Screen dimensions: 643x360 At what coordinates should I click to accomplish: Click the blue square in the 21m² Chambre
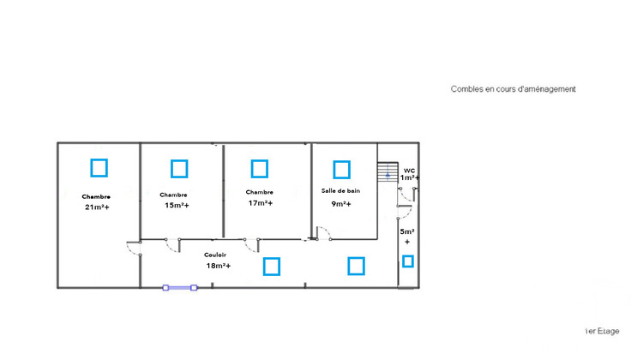(92, 168)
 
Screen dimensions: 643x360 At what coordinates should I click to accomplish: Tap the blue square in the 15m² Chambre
(171, 169)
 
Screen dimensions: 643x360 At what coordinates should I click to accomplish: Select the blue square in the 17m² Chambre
(252, 169)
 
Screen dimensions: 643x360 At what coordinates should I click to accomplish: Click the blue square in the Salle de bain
(334, 170)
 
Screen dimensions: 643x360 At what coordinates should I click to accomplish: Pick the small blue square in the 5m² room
(403, 261)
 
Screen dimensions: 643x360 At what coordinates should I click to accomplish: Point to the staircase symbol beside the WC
(388, 171)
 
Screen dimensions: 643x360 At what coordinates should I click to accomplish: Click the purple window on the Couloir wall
(180, 288)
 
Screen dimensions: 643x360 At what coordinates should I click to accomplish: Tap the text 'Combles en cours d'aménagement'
(513, 89)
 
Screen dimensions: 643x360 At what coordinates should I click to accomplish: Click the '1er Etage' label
(602, 331)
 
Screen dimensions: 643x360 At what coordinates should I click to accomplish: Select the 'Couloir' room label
(215, 255)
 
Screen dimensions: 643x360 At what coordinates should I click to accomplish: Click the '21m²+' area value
(97, 207)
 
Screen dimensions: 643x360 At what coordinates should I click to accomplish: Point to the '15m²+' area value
(177, 205)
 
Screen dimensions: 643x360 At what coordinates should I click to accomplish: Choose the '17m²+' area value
(261, 203)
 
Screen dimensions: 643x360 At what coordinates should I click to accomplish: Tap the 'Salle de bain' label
(340, 190)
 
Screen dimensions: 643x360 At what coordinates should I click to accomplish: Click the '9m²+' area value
(341, 204)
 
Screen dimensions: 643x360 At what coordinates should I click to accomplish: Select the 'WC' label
(409, 171)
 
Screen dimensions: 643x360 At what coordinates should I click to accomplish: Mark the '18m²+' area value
(218, 266)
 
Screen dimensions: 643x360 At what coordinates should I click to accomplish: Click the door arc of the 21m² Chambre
(130, 251)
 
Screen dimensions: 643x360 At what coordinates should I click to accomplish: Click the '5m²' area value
(407, 231)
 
